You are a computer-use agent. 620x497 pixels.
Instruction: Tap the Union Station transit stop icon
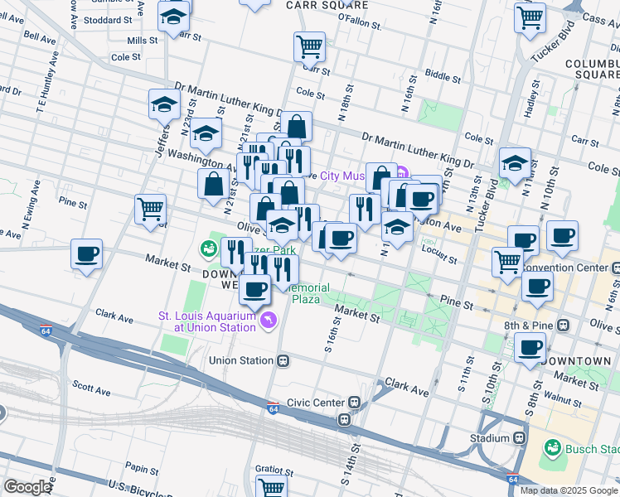[283, 360]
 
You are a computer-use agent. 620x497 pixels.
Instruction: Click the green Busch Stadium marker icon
[553, 448]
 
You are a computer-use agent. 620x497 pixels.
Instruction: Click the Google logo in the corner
[27, 487]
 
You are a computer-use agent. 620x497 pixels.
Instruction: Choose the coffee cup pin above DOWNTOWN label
[530, 346]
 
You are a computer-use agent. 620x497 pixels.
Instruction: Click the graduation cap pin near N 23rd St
[165, 104]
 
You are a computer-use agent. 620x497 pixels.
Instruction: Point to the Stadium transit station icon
[520, 437]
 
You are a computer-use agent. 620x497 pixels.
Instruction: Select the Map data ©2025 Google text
[568, 490]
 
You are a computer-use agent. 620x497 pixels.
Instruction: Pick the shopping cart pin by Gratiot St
[272, 487]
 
